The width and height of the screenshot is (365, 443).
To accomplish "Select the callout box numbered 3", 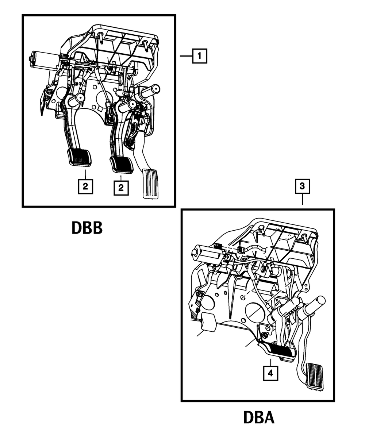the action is pos(302,186).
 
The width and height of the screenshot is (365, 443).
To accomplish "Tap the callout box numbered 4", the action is pos(270,373).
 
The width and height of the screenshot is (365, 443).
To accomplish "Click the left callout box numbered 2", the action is pos(85,186).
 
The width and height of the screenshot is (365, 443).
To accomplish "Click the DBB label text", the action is pos(87,228).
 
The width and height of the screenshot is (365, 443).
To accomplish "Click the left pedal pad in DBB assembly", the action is pos(80,158).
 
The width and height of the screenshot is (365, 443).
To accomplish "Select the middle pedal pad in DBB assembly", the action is pos(121,165).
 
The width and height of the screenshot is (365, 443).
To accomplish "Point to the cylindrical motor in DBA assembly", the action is pos(207,254).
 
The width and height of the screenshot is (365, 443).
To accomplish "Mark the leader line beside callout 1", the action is pos(187,56).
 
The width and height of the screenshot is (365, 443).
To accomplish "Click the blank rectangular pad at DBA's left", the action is pos(209,322).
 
